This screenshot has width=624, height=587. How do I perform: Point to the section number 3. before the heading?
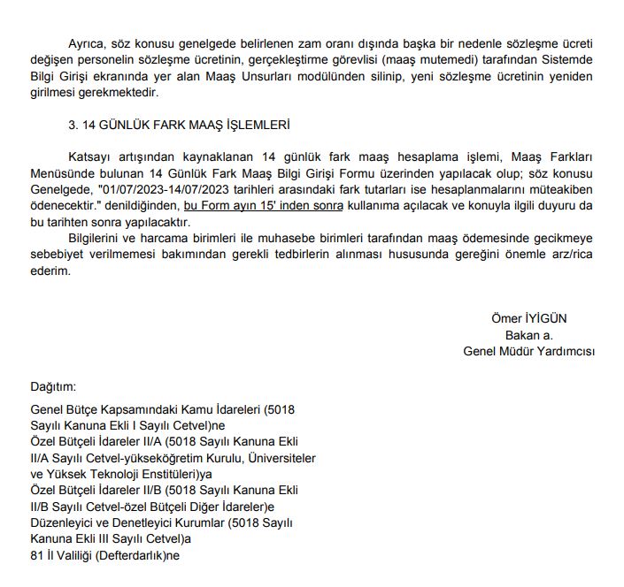74,125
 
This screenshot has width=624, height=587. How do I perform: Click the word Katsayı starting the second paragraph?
91,157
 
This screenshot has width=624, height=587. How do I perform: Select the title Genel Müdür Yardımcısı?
528,351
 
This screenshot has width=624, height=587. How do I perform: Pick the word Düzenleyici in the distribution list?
62,523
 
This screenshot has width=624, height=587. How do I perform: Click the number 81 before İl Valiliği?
37,556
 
